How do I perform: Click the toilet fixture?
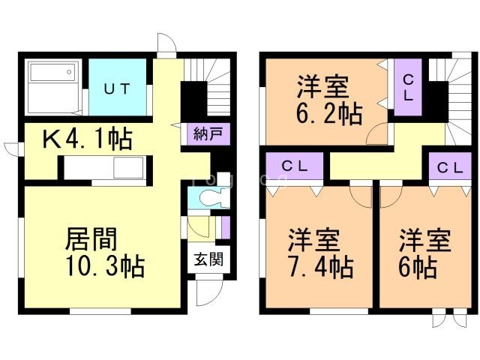coord(209,199)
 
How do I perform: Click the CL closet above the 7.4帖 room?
coord(292,166)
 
